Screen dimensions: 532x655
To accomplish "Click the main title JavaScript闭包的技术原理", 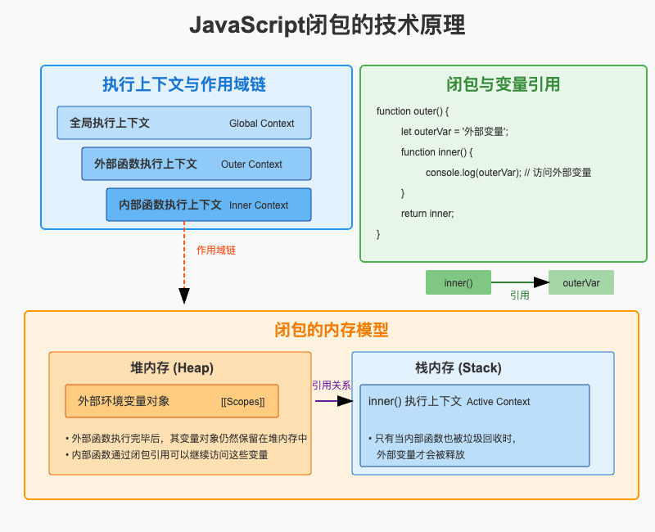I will pyautogui.click(x=327, y=26).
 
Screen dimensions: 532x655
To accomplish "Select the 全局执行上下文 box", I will pyautogui.click(x=184, y=123).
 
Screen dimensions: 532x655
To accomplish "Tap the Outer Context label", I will pyautogui.click(x=251, y=165).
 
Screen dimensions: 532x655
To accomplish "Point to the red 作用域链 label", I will pyautogui.click(x=222, y=250).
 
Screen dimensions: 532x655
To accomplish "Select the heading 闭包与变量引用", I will pyautogui.click(x=504, y=84).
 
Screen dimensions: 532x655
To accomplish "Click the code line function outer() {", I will pyautogui.click(x=413, y=110).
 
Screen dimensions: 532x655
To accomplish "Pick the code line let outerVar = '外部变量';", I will pyautogui.click(x=454, y=131).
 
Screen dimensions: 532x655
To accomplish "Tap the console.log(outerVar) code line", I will pyautogui.click(x=508, y=173).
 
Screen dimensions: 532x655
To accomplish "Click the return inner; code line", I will pyautogui.click(x=427, y=214).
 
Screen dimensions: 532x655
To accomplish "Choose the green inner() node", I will pyautogui.click(x=458, y=282).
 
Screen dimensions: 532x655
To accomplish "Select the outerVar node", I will pyautogui.click(x=581, y=282).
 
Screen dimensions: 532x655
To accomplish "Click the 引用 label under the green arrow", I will pyautogui.click(x=520, y=295).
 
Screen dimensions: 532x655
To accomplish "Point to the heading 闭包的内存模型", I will pyautogui.click(x=331, y=330).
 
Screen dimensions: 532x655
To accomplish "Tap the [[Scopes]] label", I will pyautogui.click(x=243, y=402).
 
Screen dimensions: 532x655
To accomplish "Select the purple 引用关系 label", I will pyautogui.click(x=331, y=385).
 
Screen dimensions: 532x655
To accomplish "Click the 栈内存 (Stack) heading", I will pyautogui.click(x=458, y=367).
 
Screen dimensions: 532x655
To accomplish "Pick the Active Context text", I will pyautogui.click(x=498, y=402).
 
